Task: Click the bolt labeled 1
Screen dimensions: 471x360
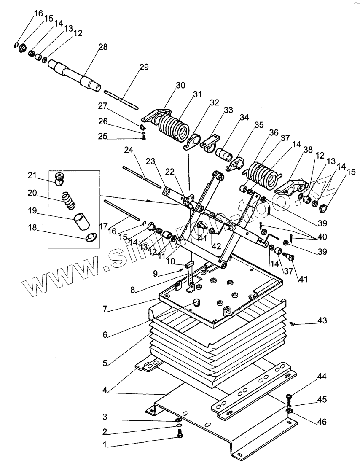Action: [x=180, y=434]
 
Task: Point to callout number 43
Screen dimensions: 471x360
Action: [x=322, y=320]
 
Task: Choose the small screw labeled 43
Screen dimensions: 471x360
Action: [x=292, y=323]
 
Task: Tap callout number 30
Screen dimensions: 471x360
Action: [x=180, y=85]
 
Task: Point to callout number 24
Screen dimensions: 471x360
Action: [x=128, y=150]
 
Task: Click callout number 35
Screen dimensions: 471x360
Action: [x=258, y=125]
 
